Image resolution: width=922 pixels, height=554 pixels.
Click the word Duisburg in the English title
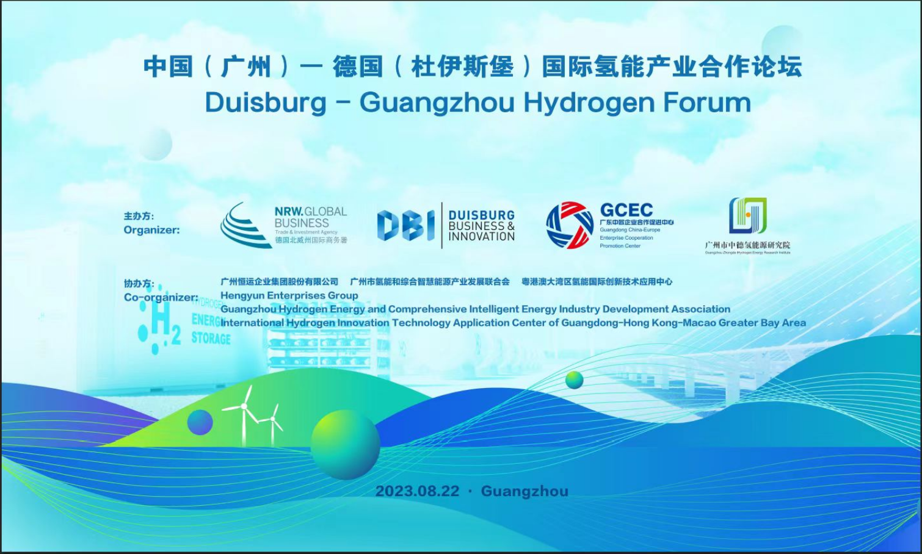(x=266, y=103)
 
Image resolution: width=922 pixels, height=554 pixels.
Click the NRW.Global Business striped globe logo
(x=245, y=226)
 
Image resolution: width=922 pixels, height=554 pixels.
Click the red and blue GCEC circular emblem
(x=569, y=225)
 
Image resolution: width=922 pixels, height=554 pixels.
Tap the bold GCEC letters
(x=626, y=210)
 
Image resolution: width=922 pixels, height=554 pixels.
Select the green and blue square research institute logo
(x=747, y=215)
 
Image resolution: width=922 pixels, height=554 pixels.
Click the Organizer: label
(x=151, y=230)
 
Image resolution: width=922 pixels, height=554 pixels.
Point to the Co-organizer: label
(x=161, y=297)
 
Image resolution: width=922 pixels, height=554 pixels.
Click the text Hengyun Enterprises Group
(x=289, y=295)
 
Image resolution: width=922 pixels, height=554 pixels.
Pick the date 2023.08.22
(x=417, y=491)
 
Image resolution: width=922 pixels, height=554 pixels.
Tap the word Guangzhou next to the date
(x=525, y=491)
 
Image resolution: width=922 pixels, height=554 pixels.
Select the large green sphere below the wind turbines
(x=345, y=444)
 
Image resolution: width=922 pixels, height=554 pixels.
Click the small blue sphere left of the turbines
(x=200, y=422)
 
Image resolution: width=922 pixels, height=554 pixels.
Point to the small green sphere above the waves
(x=574, y=380)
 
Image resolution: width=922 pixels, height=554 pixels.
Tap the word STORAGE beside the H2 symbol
(x=211, y=339)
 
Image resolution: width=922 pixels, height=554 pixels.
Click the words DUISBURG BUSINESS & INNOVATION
(x=481, y=226)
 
